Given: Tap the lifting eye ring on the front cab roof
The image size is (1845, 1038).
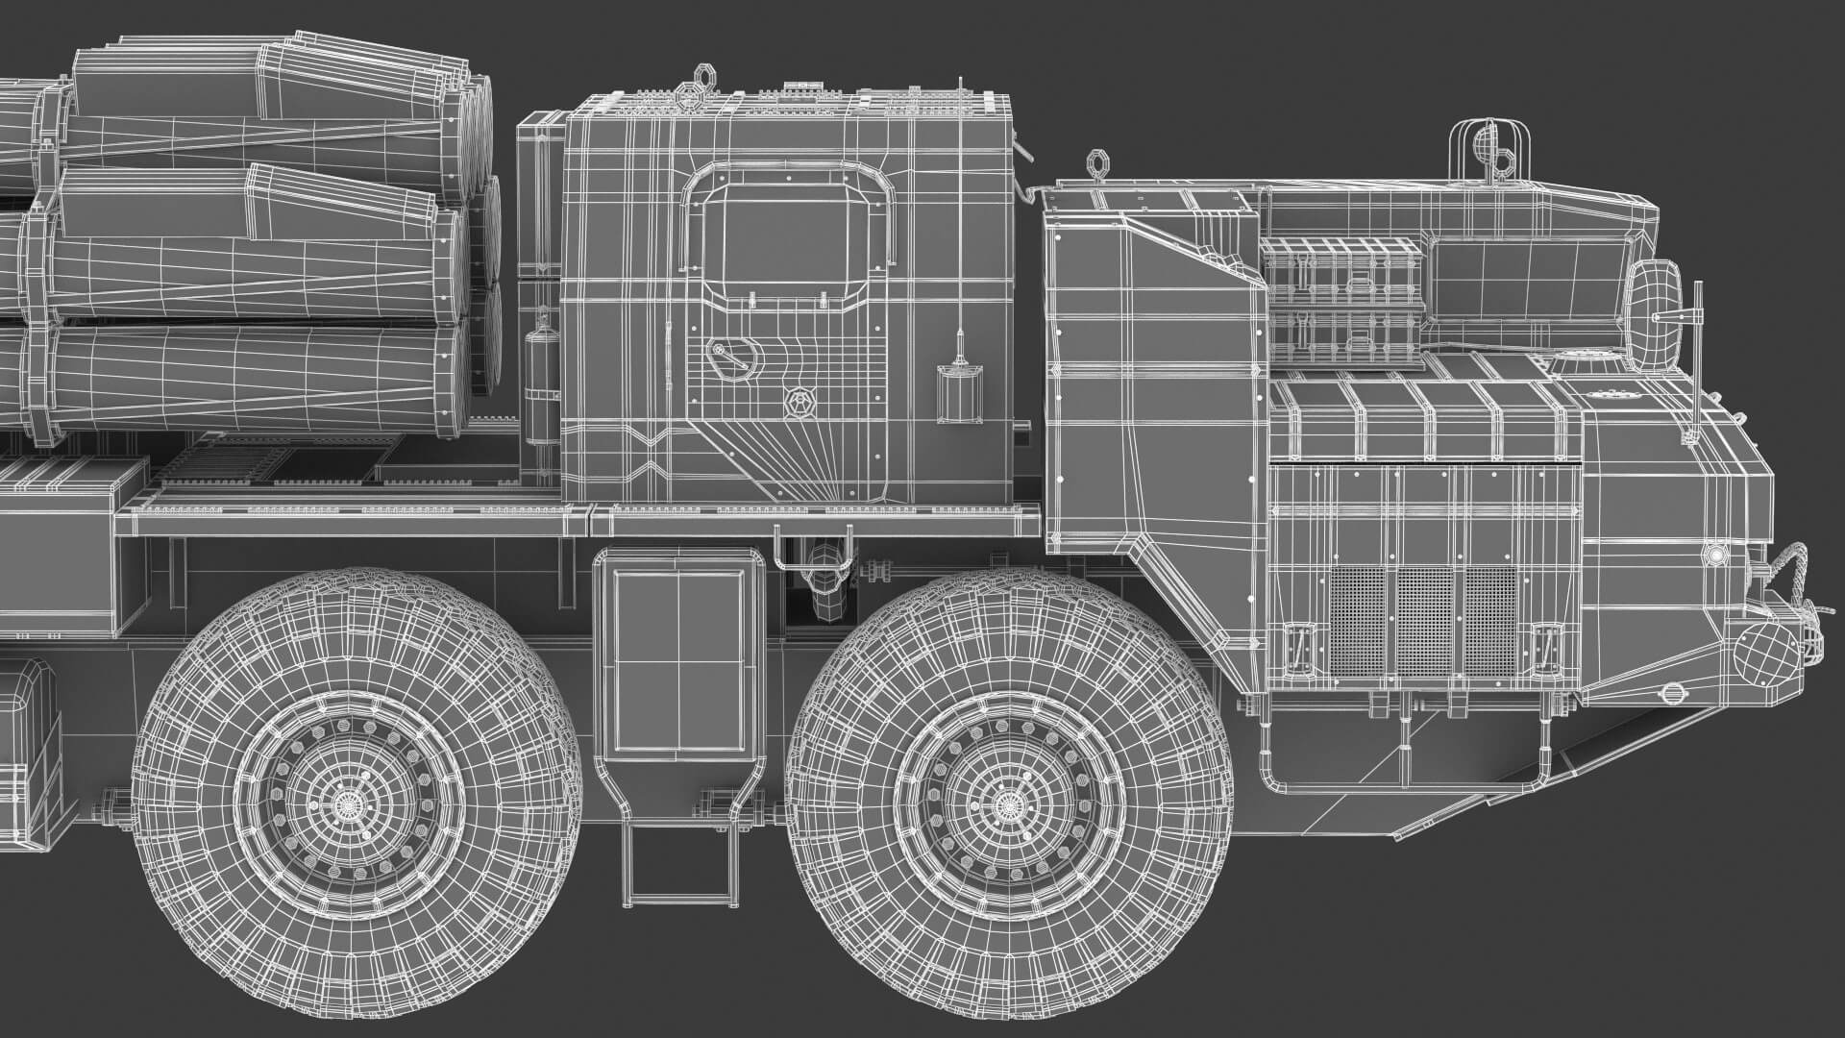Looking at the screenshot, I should point(1097,162).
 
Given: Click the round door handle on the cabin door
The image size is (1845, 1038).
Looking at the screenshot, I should point(729,357).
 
